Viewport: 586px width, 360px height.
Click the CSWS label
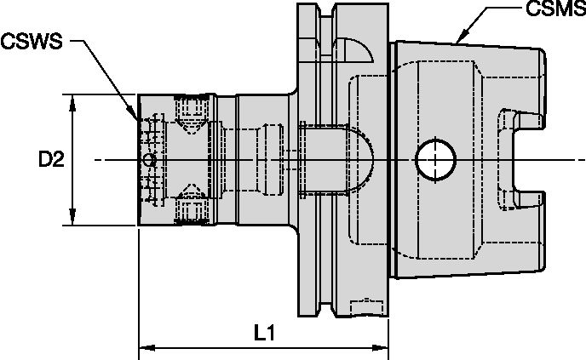click(x=31, y=41)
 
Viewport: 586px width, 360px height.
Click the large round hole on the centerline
click(x=434, y=159)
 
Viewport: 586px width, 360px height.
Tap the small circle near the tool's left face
click(x=150, y=160)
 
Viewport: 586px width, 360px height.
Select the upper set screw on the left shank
click(x=187, y=109)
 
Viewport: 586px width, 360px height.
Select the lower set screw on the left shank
click(x=187, y=209)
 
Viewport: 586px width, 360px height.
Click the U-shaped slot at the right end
click(x=520, y=159)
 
